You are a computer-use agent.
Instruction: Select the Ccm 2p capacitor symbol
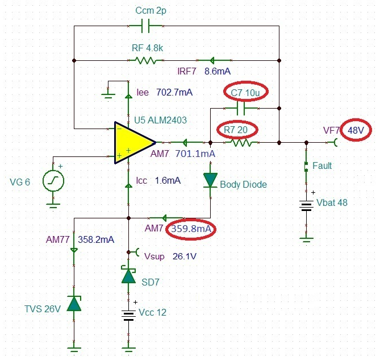(145, 26)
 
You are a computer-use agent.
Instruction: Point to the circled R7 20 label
(237, 130)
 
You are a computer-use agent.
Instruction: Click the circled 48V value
(356, 130)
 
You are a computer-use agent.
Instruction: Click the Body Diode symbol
(211, 181)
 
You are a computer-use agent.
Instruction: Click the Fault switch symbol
(307, 167)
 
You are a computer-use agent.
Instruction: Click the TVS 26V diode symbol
(74, 303)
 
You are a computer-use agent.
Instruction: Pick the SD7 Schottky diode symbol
(129, 275)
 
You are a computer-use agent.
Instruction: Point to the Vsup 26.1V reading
(170, 256)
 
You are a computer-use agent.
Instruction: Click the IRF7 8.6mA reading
(205, 72)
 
